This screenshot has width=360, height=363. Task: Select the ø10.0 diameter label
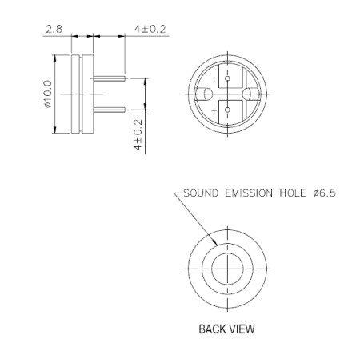point(47,94)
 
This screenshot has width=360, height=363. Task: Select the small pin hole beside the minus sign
point(228,80)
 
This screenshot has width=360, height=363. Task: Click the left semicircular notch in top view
point(205,94)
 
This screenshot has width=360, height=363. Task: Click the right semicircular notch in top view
point(251,94)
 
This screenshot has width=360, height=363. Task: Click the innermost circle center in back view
point(228,265)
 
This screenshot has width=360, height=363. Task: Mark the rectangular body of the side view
point(83,94)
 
